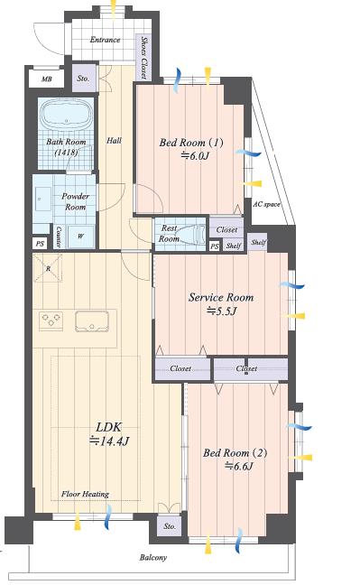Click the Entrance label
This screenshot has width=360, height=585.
(x=105, y=40)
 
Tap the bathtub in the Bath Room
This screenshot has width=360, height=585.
(x=67, y=115)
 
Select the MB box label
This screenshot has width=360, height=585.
(x=47, y=79)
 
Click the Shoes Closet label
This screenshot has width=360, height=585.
(x=143, y=57)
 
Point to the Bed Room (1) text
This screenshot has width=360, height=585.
(x=191, y=142)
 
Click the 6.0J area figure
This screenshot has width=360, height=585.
(x=195, y=155)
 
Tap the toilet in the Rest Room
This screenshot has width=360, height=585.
(x=189, y=234)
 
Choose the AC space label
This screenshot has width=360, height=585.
(x=266, y=204)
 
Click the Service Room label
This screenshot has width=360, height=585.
(x=221, y=297)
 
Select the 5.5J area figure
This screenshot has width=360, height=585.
(x=222, y=311)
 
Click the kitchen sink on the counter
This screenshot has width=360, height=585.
(x=92, y=321)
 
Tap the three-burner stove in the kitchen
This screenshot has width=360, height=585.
(x=51, y=320)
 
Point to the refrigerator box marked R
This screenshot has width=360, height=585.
(x=48, y=268)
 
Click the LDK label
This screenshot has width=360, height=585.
(x=108, y=427)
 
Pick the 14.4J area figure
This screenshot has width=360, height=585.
(x=109, y=441)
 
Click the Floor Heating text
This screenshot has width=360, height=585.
(x=85, y=494)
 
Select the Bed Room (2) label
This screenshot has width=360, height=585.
(x=235, y=453)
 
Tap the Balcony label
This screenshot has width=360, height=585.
(x=153, y=557)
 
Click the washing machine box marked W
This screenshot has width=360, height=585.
(x=80, y=237)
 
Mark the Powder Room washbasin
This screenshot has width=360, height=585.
(x=43, y=199)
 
